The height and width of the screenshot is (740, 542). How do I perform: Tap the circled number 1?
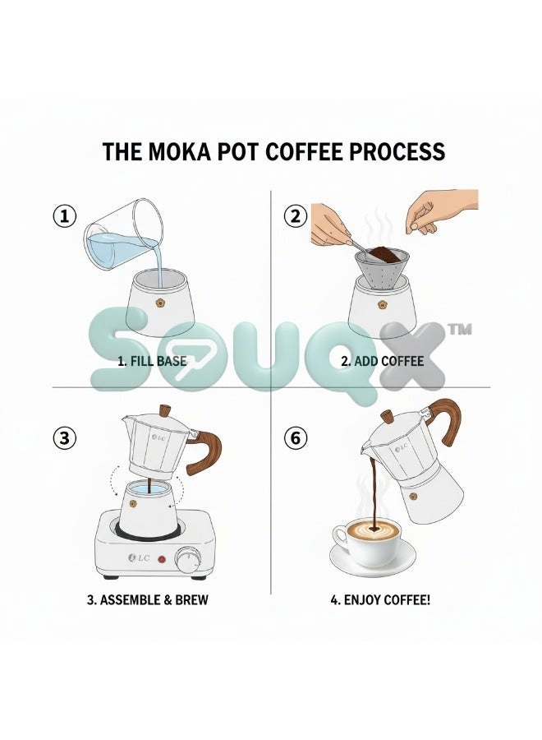(x=64, y=216)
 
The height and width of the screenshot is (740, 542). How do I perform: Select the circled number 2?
(x=296, y=216)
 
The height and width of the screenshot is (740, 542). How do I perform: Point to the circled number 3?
(x=64, y=438)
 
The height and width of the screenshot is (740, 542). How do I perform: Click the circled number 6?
(x=296, y=438)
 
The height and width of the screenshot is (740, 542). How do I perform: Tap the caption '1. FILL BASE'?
(x=152, y=362)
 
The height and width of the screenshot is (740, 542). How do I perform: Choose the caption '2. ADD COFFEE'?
(x=382, y=362)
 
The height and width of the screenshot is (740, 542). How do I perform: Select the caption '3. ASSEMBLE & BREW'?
(x=148, y=600)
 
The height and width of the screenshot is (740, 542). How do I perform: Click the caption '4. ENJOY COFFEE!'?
(x=380, y=600)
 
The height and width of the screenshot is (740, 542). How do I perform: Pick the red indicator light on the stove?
(x=162, y=560)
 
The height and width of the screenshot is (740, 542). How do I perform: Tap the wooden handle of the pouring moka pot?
(x=448, y=420)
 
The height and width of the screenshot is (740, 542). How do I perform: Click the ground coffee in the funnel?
(x=383, y=254)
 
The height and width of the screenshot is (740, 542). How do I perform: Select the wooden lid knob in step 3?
(x=165, y=411)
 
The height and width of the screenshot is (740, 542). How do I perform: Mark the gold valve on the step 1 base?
(x=158, y=302)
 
